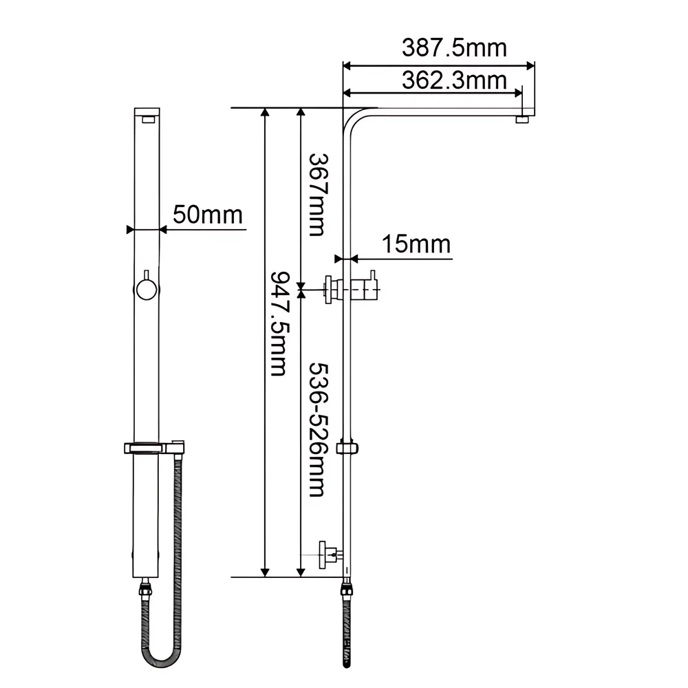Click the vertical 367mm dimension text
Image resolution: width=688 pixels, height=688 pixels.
tap(316, 194)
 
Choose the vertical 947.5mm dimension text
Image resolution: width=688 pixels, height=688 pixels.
tap(279, 323)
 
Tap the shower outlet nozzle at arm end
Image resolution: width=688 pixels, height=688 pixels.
tap(523, 120)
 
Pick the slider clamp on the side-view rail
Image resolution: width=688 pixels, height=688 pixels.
tap(348, 449)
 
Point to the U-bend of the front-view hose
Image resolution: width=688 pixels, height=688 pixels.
tap(164, 658)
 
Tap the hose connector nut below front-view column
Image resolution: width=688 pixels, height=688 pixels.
tap(145, 590)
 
